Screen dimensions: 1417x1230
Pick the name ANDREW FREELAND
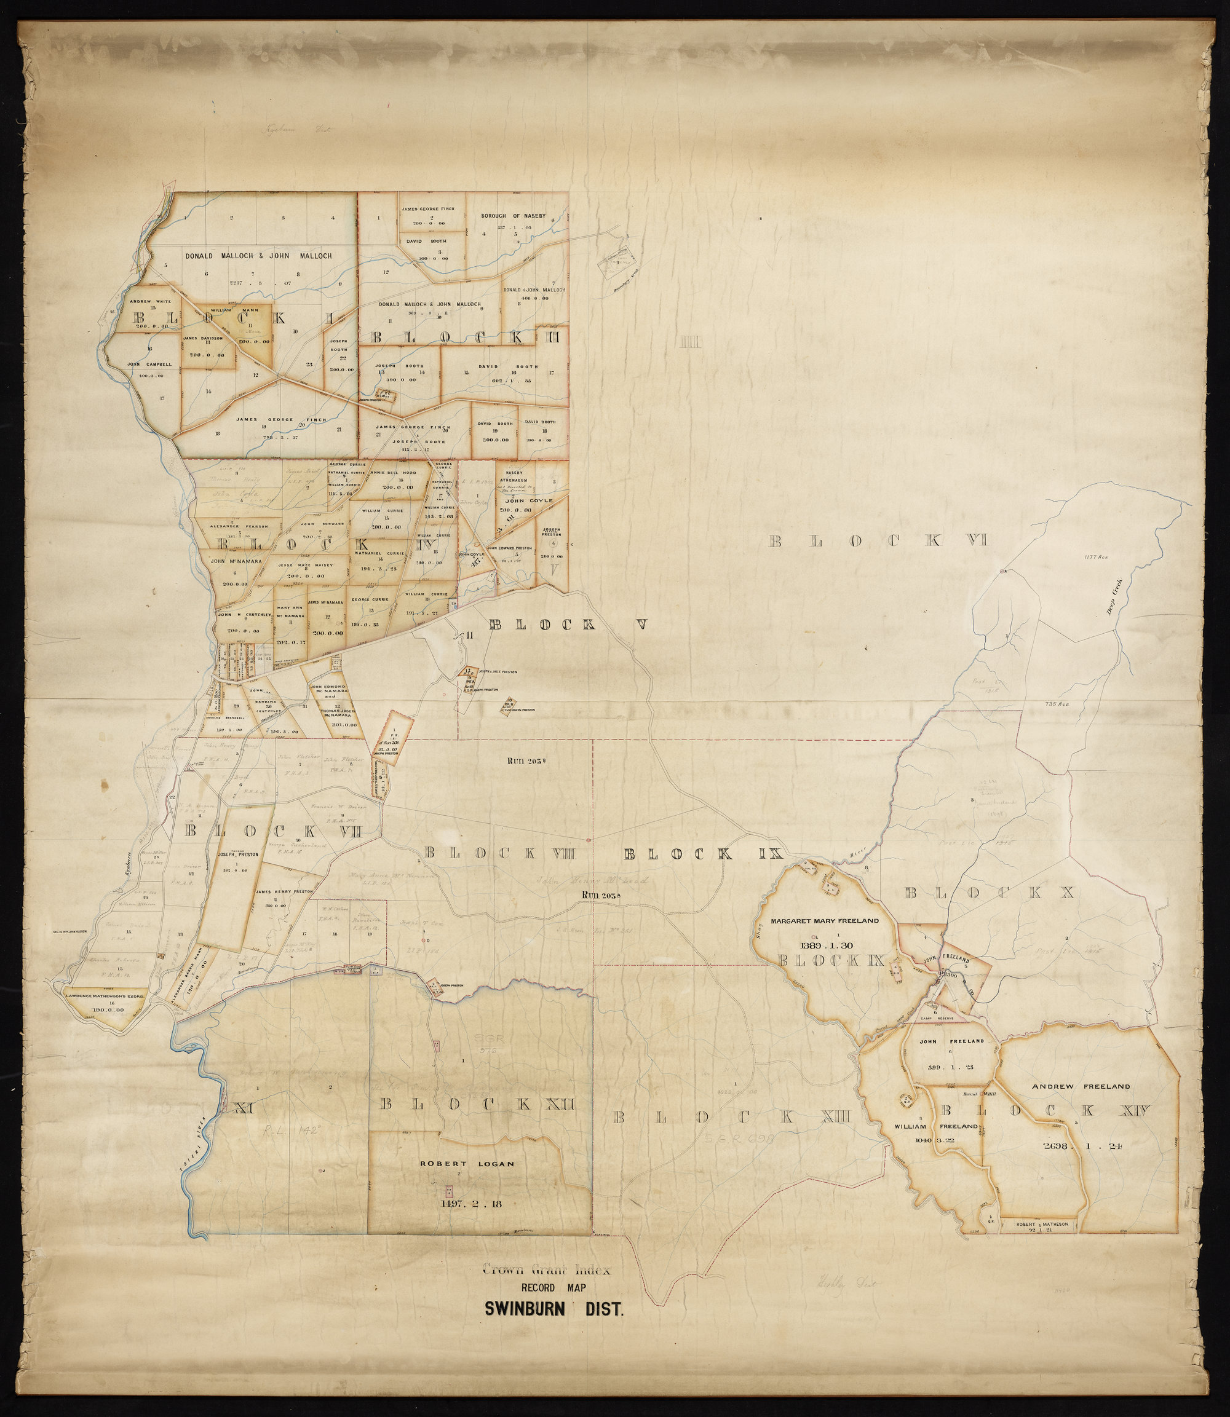click(1081, 1086)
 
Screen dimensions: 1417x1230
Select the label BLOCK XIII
click(732, 1117)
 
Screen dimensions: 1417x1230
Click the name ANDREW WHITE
click(150, 300)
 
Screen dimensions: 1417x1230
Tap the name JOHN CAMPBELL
click(149, 365)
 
